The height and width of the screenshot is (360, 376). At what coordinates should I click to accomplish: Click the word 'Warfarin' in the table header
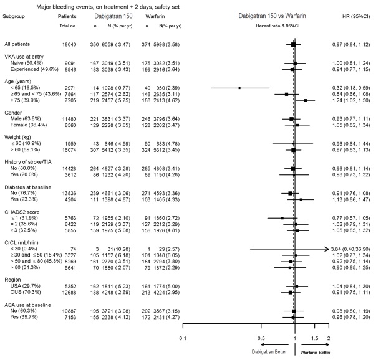[161, 17]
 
